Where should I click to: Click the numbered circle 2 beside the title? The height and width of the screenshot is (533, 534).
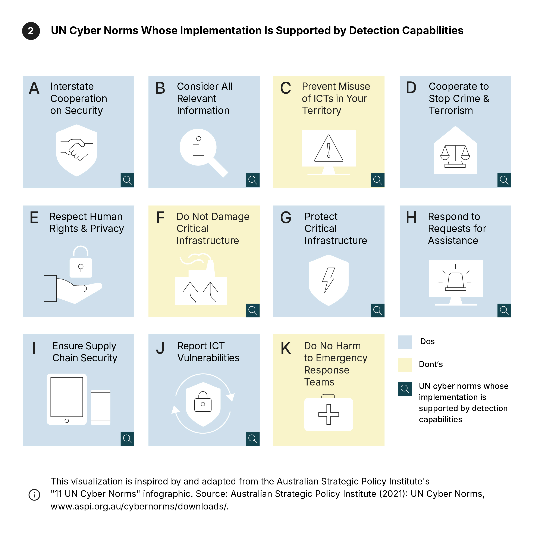pos(31,31)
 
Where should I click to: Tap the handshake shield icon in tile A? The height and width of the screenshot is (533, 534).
pos(76,150)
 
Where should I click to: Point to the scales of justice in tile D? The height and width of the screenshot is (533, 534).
pos(455,156)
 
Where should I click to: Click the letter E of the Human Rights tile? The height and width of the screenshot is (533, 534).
pos(34,218)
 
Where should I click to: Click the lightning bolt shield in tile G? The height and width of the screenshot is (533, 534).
pos(328,280)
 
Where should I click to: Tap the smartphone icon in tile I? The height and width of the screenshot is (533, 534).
pos(101,407)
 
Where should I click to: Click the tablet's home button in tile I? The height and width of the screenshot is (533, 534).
pos(67,421)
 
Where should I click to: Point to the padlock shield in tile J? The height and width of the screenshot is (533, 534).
pos(203,404)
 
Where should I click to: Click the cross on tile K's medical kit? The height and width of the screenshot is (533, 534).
pos(328,414)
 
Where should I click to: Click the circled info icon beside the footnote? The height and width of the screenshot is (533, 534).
pos(34,495)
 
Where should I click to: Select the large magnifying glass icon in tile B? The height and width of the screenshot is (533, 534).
pos(202,151)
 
